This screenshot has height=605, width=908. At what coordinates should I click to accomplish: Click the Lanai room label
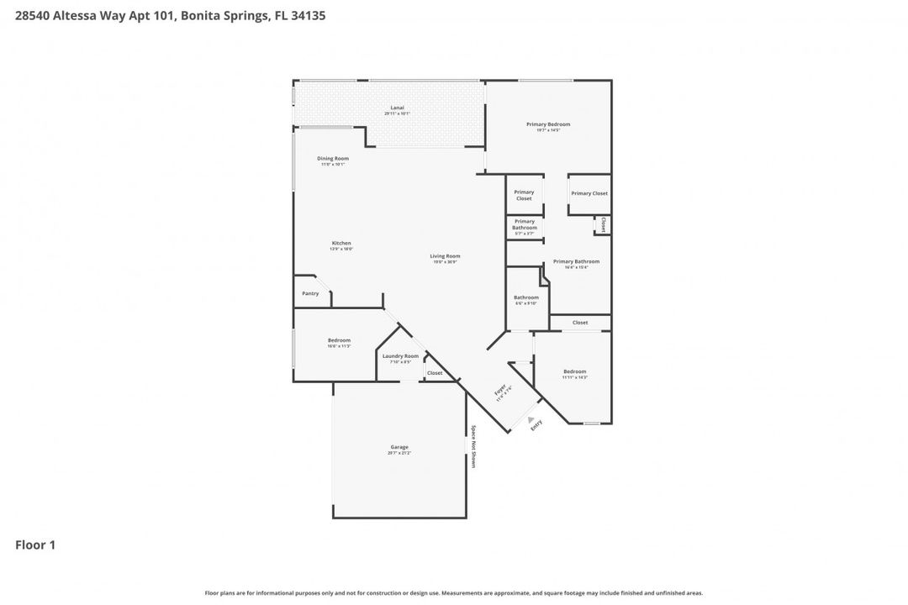tap(398, 108)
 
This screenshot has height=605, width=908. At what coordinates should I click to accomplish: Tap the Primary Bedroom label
tap(548, 124)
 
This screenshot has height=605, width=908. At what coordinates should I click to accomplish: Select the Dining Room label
tap(333, 158)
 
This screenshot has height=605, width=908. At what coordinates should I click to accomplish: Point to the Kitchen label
tap(340, 243)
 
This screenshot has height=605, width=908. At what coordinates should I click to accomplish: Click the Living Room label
tap(445, 256)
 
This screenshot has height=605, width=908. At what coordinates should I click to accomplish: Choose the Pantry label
tap(310, 293)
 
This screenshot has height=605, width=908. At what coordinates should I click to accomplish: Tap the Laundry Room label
tap(400, 356)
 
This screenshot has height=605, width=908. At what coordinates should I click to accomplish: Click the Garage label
tap(399, 447)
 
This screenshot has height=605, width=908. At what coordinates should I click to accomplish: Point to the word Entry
tap(536, 425)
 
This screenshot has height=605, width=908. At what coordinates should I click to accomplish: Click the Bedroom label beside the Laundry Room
tap(339, 340)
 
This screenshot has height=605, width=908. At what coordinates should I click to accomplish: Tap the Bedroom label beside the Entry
tap(575, 371)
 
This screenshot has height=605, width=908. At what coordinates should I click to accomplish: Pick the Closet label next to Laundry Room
tap(435, 373)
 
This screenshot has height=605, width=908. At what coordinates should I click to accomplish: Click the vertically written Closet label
tap(603, 224)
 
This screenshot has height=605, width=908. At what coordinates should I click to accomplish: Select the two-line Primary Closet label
tap(524, 195)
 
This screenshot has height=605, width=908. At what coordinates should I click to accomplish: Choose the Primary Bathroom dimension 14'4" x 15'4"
tap(576, 267)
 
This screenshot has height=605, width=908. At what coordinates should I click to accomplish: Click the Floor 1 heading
tap(35, 545)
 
